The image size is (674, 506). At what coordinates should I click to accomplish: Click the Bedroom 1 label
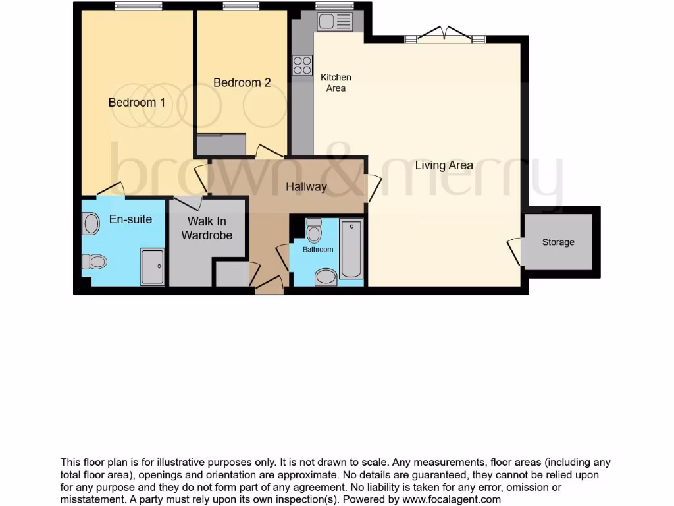tap(137, 103)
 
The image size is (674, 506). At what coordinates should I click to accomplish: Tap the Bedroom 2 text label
tap(242, 82)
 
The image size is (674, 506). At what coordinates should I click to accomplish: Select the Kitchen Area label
tap(336, 82)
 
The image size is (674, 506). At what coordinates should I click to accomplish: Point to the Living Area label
tap(444, 165)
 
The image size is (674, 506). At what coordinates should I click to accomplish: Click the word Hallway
tap(306, 187)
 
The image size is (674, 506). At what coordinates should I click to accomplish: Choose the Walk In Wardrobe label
tap(207, 228)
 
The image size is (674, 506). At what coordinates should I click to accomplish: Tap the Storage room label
tap(558, 242)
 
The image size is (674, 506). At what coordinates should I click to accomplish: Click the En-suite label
tap(130, 219)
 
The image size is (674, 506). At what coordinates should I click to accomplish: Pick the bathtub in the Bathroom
tap(351, 250)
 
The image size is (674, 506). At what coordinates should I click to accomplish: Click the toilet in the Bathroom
tap(314, 231)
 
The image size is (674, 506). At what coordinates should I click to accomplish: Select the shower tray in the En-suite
tap(152, 267)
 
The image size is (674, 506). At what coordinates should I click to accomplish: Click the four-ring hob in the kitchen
tap(302, 65)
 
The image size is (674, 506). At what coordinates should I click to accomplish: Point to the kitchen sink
tap(335, 22)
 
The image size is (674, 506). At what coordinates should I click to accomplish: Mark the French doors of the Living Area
tap(445, 36)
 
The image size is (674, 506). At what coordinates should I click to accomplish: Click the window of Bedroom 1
tap(138, 7)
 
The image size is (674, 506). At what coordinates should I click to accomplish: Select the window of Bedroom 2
tap(240, 7)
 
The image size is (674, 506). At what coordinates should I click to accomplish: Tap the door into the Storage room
tap(515, 251)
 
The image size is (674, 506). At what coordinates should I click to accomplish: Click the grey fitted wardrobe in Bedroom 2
tap(221, 144)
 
